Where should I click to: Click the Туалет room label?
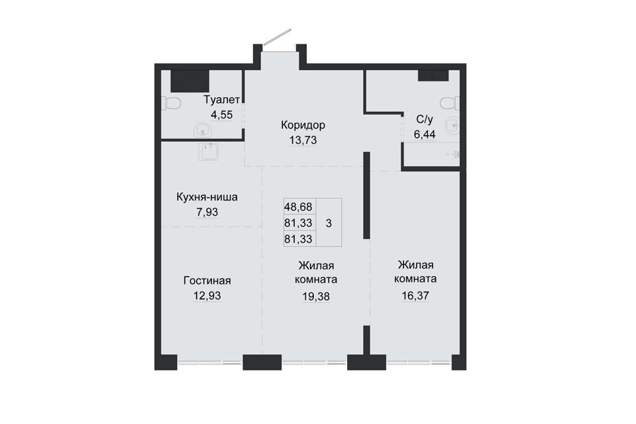pyautogui.click(x=222, y=100)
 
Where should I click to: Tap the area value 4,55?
pyautogui.click(x=221, y=115)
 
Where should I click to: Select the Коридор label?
pyautogui.click(x=303, y=125)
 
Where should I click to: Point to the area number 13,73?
pyautogui.click(x=303, y=140)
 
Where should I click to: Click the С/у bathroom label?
pyautogui.click(x=425, y=119)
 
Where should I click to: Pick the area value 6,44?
pyautogui.click(x=425, y=134)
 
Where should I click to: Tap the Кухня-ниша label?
pyautogui.click(x=207, y=197)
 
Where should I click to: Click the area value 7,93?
pyautogui.click(x=207, y=212)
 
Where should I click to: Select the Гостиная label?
pyautogui.click(x=207, y=281)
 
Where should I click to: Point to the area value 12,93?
pyautogui.click(x=207, y=295)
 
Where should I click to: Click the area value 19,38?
pyautogui.click(x=316, y=297)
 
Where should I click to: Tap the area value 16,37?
pyautogui.click(x=415, y=295)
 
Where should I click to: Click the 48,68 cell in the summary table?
pyautogui.click(x=298, y=207)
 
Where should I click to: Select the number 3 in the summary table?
pyautogui.click(x=329, y=223)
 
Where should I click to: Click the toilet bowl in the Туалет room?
pyautogui.click(x=171, y=103)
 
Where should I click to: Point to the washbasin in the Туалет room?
pyautogui.click(x=203, y=131)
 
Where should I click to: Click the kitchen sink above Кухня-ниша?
pyautogui.click(x=210, y=151)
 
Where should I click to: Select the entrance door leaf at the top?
pyautogui.click(x=278, y=36)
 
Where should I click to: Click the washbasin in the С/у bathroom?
pyautogui.click(x=452, y=125)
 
